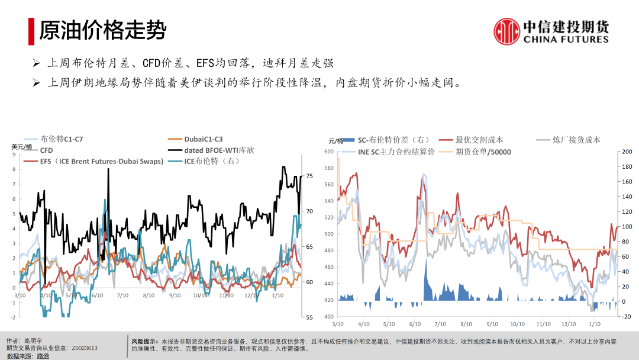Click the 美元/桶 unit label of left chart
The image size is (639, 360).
[x=21, y=146]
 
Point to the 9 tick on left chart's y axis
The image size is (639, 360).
[x=14, y=155]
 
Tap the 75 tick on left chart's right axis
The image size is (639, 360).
[x=309, y=176]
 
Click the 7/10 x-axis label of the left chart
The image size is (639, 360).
[x=123, y=294]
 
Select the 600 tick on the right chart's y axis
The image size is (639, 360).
[x=328, y=152]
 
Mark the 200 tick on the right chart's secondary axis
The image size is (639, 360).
[x=627, y=152]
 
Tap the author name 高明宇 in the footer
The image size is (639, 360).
[x=34, y=341]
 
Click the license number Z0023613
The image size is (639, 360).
[x=85, y=348]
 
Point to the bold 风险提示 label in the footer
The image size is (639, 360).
[x=144, y=341]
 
